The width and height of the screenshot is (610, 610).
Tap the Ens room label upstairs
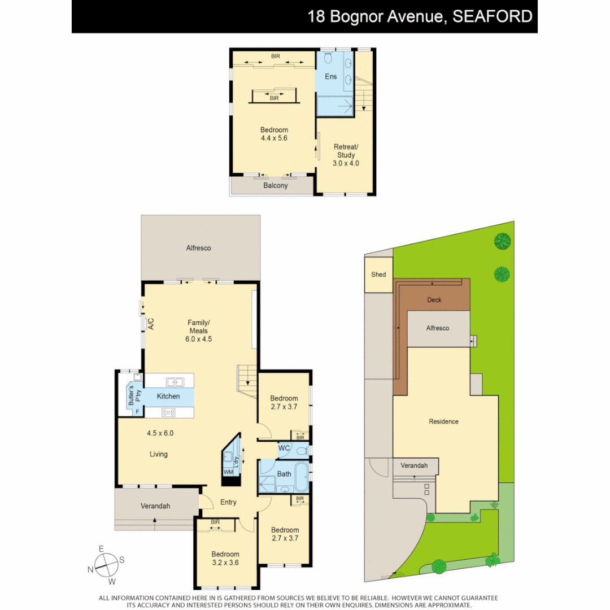tap(330, 76)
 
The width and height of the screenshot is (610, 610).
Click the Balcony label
tap(276, 185)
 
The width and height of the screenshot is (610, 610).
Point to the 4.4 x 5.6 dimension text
tap(274, 138)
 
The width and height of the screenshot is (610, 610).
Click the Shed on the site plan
tap(378, 275)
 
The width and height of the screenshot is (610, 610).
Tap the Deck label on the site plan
tap(434, 300)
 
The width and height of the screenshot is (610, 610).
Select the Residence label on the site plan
tap(443, 421)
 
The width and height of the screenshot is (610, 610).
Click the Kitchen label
tap(168, 396)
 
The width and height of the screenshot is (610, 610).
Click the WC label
tap(284, 448)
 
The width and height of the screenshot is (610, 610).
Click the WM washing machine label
tap(228, 472)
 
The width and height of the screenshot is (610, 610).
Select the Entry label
tap(228, 502)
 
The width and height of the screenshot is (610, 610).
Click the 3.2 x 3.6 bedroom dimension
tap(225, 563)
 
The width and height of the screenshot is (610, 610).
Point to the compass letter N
tap(90, 569)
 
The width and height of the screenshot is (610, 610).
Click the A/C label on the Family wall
tap(151, 324)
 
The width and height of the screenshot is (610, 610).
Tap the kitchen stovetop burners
tap(169, 412)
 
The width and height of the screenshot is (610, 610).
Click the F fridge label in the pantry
tap(137, 412)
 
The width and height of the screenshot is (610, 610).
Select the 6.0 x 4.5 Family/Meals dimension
tap(198, 339)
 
